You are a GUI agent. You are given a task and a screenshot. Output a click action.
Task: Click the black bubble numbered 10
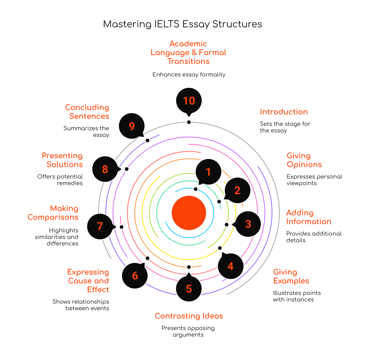[189, 101]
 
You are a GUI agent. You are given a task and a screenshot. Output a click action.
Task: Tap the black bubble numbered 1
[208, 172]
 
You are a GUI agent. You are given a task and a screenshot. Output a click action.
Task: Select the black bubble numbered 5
[189, 288]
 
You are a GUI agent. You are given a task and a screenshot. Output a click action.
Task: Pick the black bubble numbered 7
[100, 226]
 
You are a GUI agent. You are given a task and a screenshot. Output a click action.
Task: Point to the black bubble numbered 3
[248, 224]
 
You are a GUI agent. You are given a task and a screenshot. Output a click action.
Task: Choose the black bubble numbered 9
[132, 126]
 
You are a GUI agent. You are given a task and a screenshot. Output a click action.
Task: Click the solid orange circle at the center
[189, 213]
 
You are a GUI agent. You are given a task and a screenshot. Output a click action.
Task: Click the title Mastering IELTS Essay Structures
[182, 24]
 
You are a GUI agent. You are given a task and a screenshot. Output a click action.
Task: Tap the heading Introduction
[284, 112]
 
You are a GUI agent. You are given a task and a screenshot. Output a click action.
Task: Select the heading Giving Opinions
[304, 160]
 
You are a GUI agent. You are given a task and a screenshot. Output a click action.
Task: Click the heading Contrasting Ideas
[189, 316]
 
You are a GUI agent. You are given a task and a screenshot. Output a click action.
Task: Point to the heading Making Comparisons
[53, 213]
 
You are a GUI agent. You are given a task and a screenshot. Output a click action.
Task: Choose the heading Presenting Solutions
[62, 160]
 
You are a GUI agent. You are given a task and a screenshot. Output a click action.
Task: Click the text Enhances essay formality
[189, 74]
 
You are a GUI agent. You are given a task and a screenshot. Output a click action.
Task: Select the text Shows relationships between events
[81, 305]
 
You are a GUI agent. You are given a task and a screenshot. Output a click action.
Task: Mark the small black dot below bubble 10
[189, 122]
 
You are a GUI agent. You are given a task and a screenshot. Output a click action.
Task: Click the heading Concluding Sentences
[87, 112]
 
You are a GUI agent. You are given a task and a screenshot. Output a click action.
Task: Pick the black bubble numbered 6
[135, 276]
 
